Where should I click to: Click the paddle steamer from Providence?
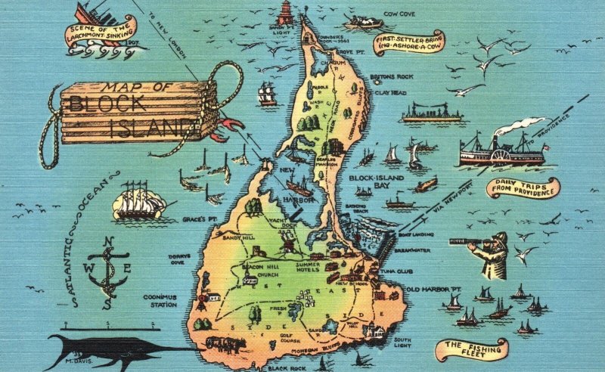(x=499, y=150)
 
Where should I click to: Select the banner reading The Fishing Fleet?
(x=471, y=349)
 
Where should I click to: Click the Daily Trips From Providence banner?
(x=522, y=188)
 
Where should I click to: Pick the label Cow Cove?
(x=400, y=14)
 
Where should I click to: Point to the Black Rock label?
(x=286, y=368)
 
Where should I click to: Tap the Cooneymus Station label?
(x=160, y=301)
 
